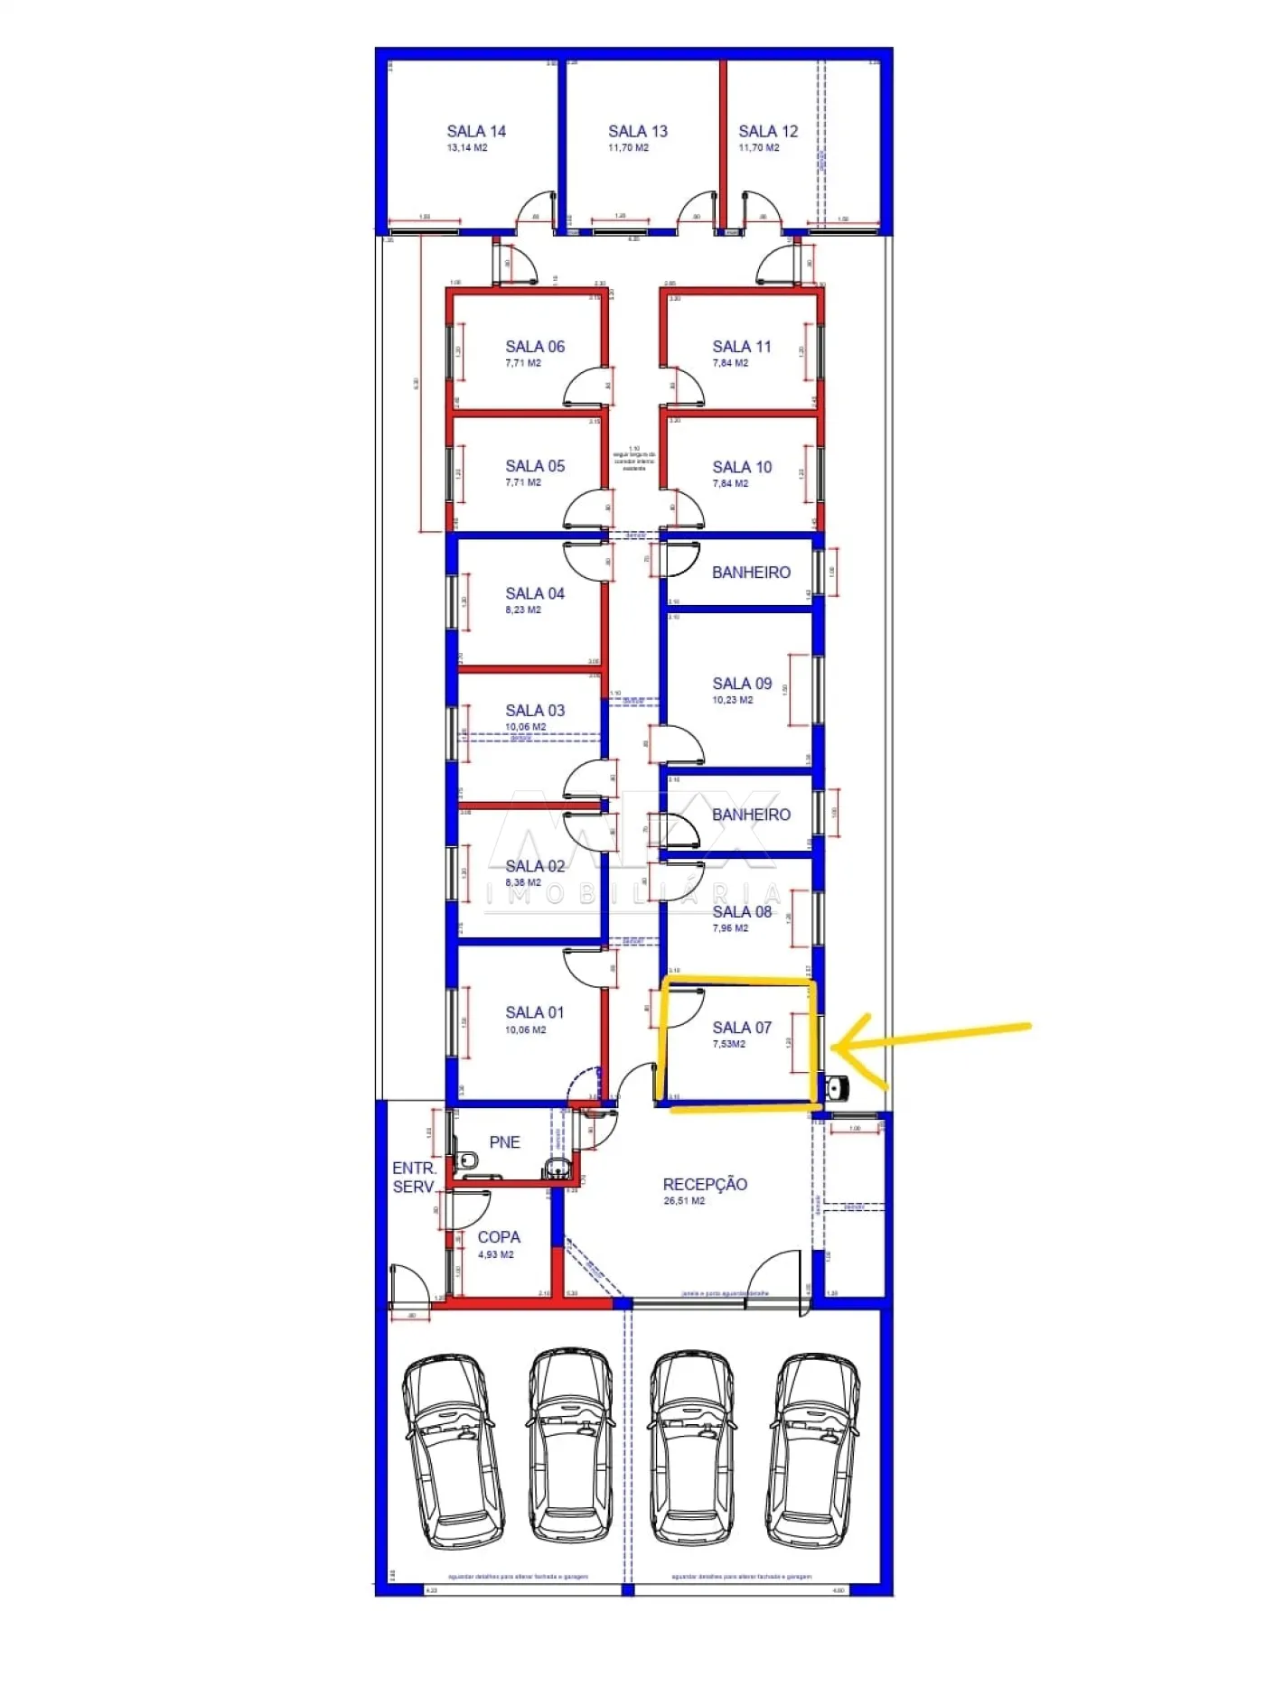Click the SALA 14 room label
coord(476,131)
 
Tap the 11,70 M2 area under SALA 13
coord(628,148)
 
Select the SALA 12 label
coord(768,131)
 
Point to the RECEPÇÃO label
coord(705,1184)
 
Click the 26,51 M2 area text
coord(684,1201)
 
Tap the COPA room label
coord(499,1237)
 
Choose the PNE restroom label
coord(504,1142)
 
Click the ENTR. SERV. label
coord(414,1178)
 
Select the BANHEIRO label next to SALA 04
coord(751,573)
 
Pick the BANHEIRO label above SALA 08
coord(751,815)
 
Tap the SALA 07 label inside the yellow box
coord(742,1028)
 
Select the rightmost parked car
coord(813,1450)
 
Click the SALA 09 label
coord(742,684)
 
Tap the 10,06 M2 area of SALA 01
coord(525,1030)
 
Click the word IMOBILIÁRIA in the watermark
coord(632,895)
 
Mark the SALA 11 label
coord(742,347)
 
